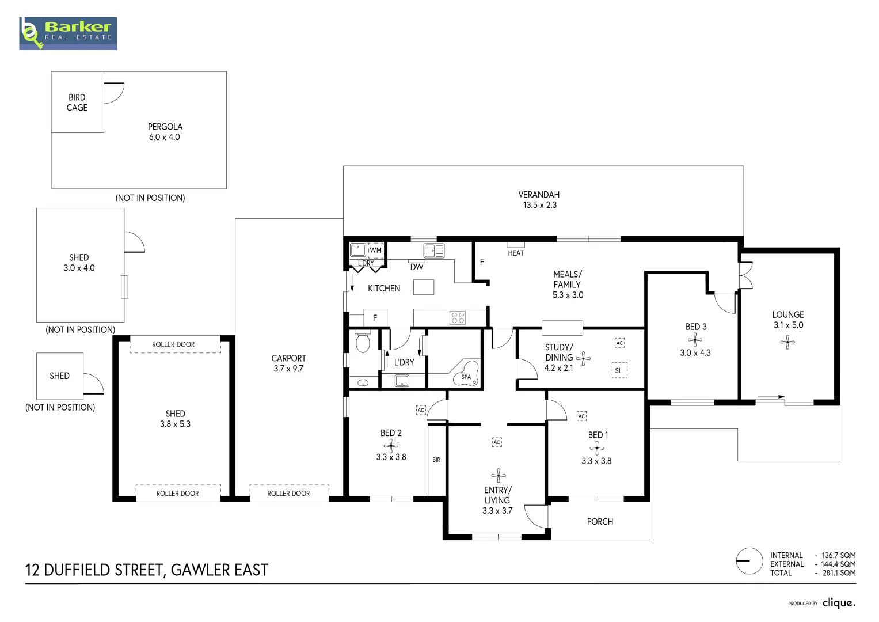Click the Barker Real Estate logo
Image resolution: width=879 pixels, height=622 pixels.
tap(68, 33)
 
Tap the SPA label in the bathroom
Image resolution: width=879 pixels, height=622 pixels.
tap(466, 377)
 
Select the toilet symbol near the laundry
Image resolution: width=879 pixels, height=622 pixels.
tap(363, 342)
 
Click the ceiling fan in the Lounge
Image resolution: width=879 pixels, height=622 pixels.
tap(787, 342)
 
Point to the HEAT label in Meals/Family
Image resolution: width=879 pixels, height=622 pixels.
tap(516, 253)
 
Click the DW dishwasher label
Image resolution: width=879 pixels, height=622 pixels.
tap(417, 267)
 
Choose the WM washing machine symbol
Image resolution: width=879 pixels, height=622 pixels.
tap(375, 250)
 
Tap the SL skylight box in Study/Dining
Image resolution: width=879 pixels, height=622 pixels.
tap(619, 370)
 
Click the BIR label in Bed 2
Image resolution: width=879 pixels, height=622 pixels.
tap(436, 460)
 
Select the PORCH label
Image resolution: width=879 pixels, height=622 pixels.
tap(600, 521)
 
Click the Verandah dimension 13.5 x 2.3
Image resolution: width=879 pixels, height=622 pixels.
tap(539, 205)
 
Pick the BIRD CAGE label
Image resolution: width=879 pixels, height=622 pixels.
tap(77, 103)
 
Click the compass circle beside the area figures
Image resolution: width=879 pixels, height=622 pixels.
tap(749, 561)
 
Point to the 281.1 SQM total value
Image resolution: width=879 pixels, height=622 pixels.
tap(839, 573)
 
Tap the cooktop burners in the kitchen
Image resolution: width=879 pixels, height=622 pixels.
tap(458, 318)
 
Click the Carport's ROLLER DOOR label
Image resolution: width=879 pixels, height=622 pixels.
tap(288, 493)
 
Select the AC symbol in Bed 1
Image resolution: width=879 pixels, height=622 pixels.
tap(581, 416)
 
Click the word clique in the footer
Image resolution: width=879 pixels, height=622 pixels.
tap(839, 603)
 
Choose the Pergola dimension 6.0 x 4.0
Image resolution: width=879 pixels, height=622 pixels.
tap(165, 137)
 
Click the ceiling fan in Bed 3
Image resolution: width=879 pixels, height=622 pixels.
tap(695, 340)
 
